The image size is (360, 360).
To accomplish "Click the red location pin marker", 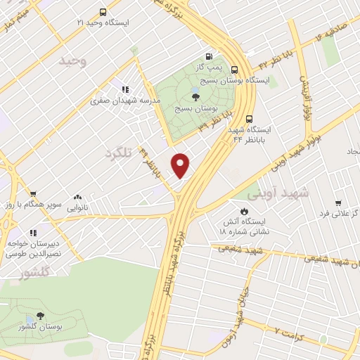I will [x=181, y=165].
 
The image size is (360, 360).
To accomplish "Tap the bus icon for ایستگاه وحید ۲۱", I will [x=103, y=12].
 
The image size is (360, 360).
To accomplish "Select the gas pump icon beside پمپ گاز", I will [x=208, y=57].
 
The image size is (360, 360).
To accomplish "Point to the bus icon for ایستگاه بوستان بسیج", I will [x=234, y=70].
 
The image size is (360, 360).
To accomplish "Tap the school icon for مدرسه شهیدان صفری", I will [x=124, y=89].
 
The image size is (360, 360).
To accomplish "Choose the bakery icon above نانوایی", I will [x=77, y=198].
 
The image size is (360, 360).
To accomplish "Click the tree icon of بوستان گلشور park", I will [x=39, y=316].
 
